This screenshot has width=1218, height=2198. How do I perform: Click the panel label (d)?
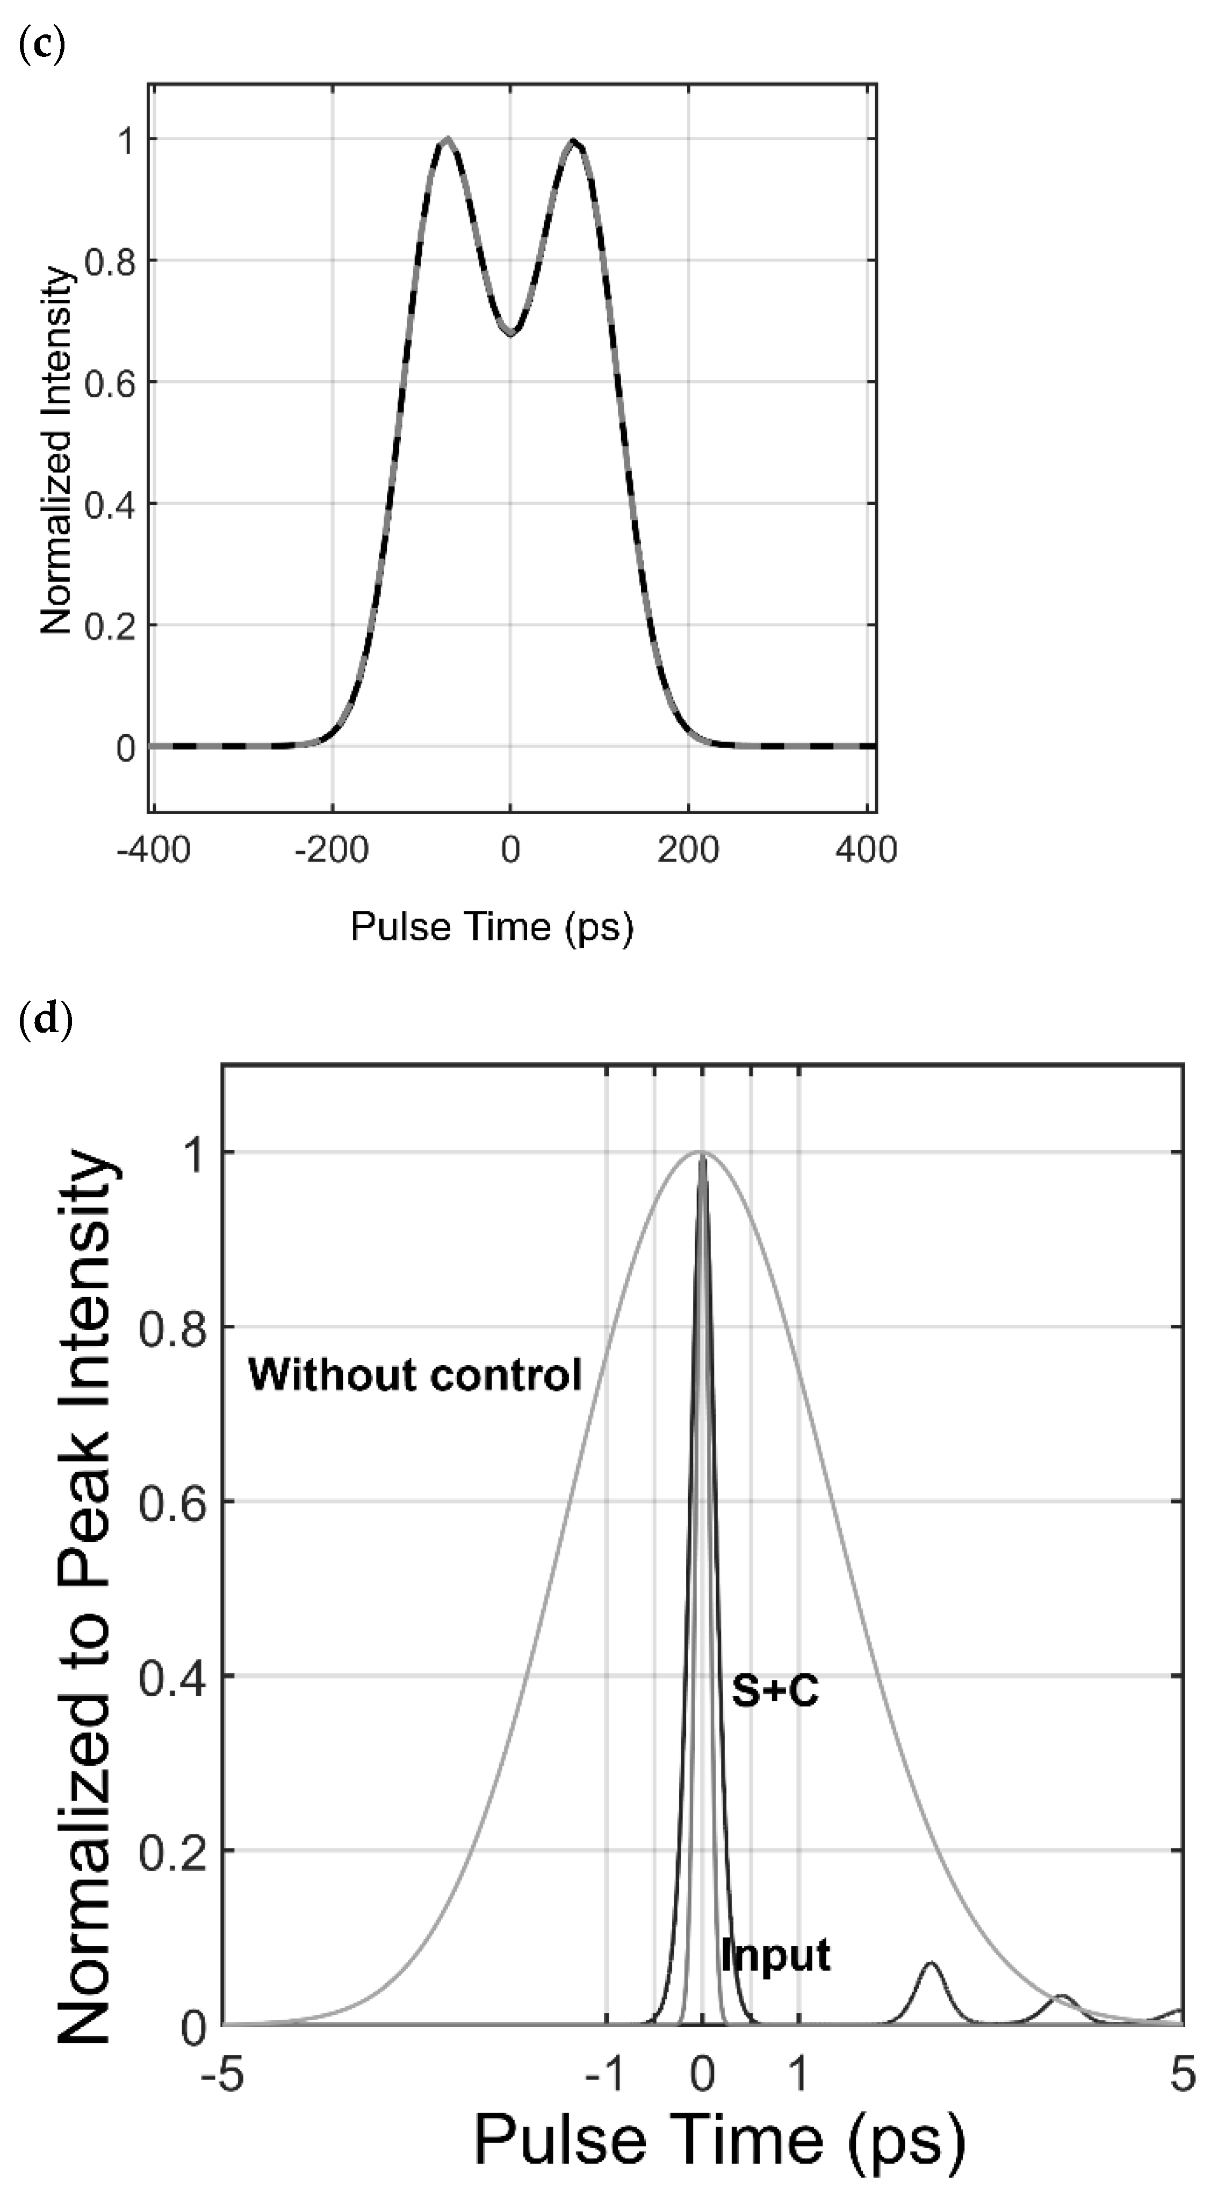(45, 1020)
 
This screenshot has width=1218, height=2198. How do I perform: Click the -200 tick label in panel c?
(331, 850)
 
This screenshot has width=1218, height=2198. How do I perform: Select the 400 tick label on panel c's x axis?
(866, 850)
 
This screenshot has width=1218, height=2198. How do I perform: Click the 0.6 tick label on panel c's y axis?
(109, 382)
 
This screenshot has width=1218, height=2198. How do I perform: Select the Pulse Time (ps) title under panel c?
(493, 927)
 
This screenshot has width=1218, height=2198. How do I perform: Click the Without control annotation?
(415, 1375)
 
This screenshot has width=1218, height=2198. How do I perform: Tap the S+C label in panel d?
(775, 1691)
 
